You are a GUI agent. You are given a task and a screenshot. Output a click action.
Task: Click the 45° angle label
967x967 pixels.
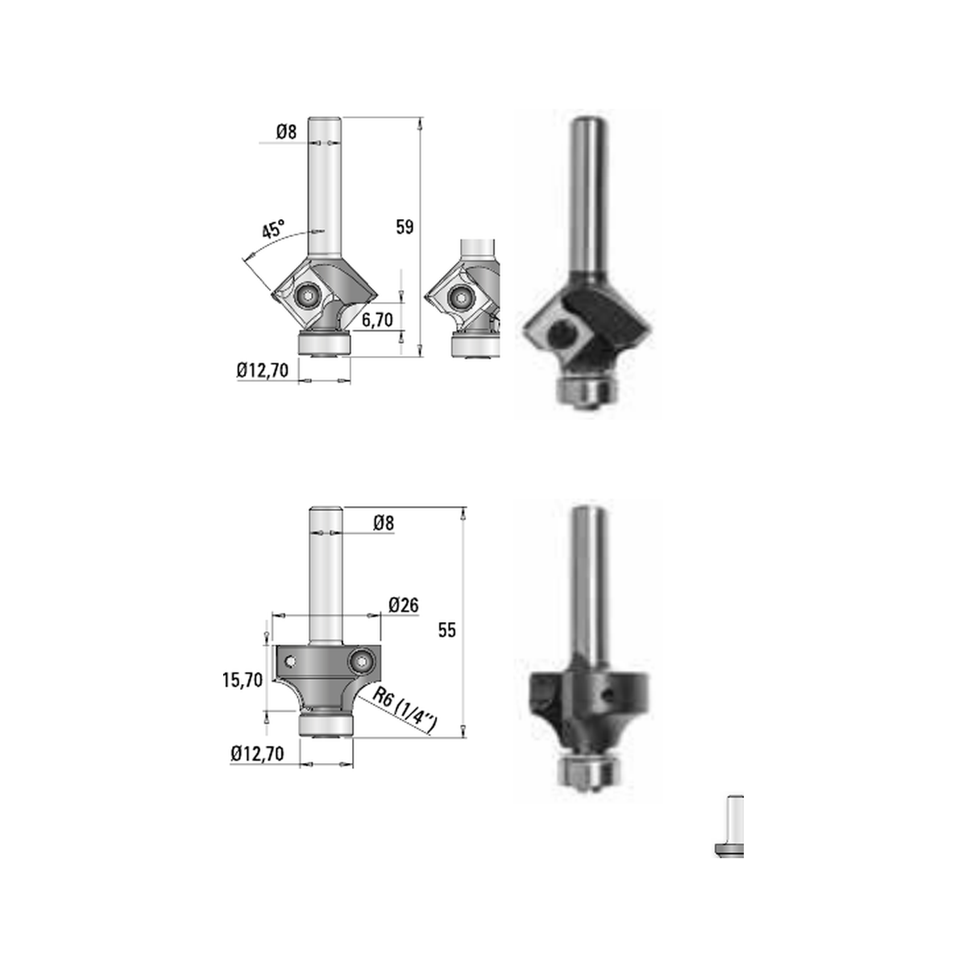coord(273,228)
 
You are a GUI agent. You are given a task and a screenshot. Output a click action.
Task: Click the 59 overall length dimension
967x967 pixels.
coord(405,226)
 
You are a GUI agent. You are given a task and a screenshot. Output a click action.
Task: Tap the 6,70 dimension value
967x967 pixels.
coord(377,320)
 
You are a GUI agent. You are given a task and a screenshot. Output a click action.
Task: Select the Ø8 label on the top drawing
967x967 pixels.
coord(286,131)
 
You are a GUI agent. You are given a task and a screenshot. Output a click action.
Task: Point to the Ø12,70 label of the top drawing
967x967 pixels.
coord(263,371)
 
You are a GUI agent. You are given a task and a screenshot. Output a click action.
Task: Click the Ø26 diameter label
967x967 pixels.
coord(404,604)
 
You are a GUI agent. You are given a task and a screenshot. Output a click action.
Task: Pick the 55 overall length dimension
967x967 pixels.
coord(446,630)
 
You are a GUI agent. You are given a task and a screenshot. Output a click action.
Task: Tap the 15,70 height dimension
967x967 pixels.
coord(243,680)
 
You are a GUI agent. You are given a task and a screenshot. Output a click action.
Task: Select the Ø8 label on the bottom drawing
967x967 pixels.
coord(384,523)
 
